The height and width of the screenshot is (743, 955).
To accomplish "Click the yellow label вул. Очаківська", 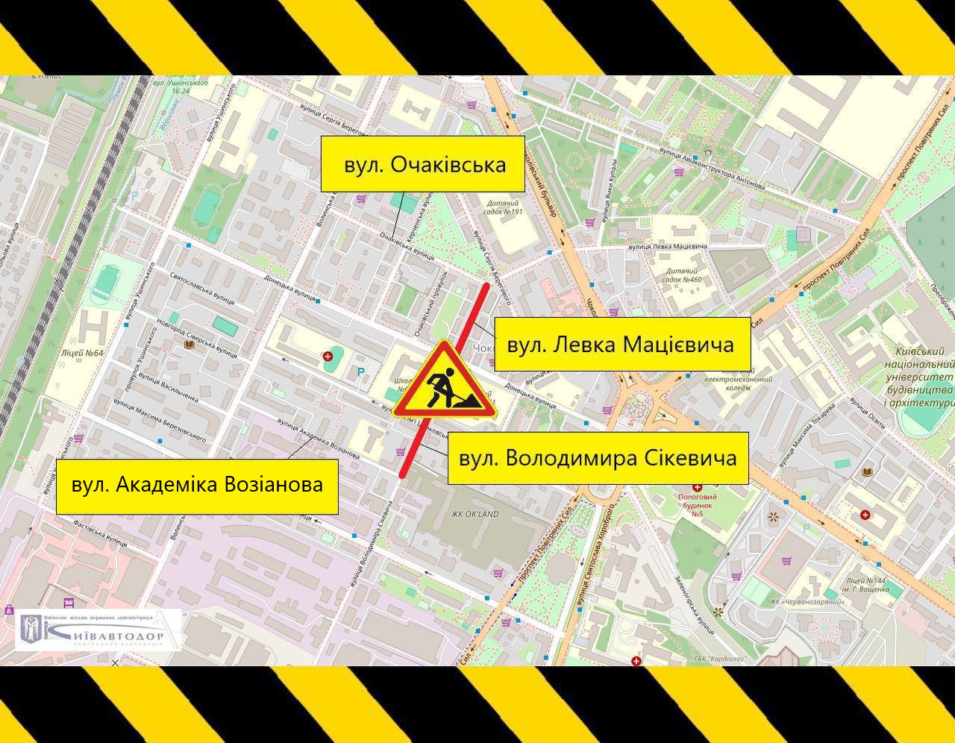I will [x=423, y=164].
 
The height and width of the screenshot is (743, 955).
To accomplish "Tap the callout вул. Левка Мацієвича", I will [x=621, y=345].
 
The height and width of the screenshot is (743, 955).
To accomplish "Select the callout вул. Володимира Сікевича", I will [x=598, y=458].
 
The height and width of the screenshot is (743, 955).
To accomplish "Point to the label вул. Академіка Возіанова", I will [x=197, y=485].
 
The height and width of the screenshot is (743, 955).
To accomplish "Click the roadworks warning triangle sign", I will [x=446, y=382].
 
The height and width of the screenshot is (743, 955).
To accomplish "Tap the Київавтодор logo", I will [x=98, y=630].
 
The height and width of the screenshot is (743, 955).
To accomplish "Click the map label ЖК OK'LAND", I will [x=475, y=514].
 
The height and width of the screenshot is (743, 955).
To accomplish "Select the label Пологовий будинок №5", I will [x=697, y=505].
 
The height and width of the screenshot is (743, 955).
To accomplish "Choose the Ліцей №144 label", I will [x=868, y=584].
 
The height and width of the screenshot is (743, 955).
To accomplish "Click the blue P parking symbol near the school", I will [x=361, y=372].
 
